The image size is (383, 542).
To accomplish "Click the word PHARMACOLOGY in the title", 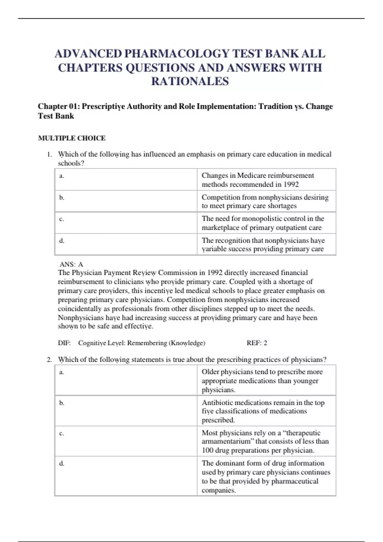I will (176, 54).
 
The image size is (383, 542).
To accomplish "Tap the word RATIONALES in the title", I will (190, 81).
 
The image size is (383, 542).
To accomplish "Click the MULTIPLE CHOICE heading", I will (72, 138).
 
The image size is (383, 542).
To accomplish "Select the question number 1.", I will (49, 154).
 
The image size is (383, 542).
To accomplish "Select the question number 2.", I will (49, 360).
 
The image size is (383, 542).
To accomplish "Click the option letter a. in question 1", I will (62, 176).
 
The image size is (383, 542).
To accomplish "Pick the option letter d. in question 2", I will (62, 463).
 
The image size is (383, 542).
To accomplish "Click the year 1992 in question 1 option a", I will (291, 184).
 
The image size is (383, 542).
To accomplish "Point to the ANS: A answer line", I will (71, 264).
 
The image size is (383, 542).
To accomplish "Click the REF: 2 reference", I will (257, 343).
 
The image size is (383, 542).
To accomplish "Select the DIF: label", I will (64, 343).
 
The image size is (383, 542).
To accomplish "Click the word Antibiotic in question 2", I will (217, 403).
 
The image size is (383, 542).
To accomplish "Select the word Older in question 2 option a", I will (210, 372).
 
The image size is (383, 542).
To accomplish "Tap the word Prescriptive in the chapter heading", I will (103, 106).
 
